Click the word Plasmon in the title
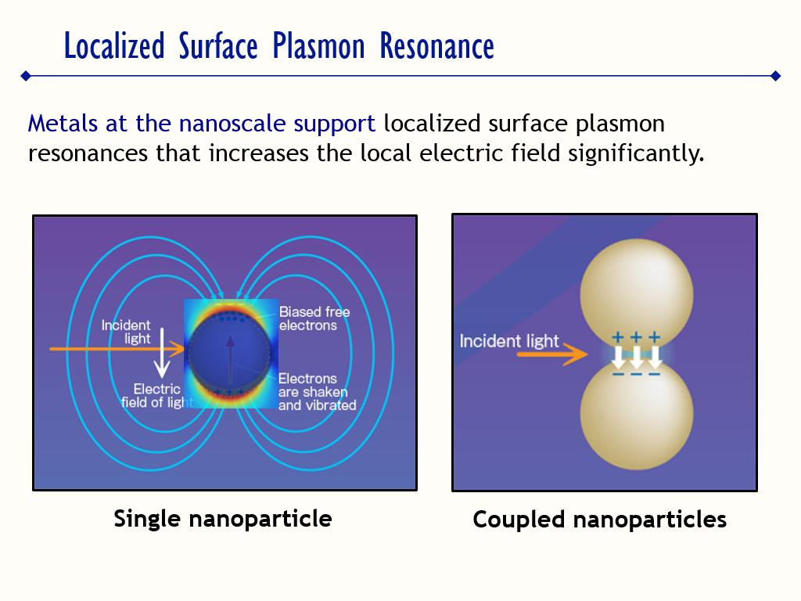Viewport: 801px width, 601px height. [318, 47]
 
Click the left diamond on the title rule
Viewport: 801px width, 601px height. [26, 76]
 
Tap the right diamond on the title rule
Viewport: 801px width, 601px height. [775, 76]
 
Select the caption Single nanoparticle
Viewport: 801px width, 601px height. [223, 518]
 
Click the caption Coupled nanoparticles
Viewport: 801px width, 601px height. [599, 520]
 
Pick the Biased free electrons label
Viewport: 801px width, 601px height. [314, 318]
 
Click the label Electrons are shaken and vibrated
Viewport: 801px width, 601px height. [316, 392]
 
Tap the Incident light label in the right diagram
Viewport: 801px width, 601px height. [509, 341]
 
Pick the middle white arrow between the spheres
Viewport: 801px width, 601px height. [636, 357]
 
